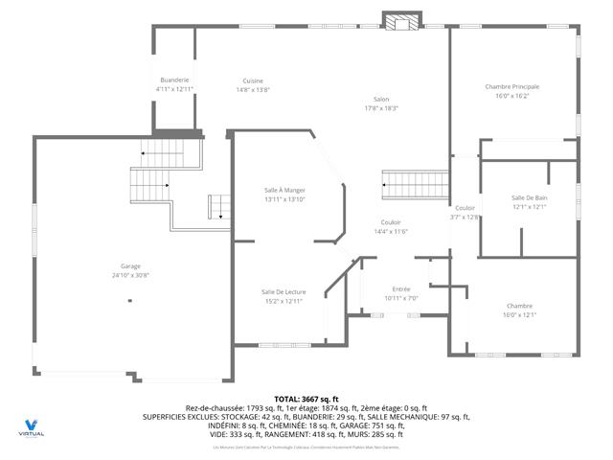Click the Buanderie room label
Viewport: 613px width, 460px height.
174,80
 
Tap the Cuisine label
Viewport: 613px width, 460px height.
253,80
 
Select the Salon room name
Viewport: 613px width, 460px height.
381,99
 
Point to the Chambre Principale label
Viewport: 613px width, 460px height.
512,87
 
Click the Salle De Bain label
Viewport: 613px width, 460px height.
529,197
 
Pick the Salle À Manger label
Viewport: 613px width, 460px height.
284,190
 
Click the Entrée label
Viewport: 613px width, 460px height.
401,288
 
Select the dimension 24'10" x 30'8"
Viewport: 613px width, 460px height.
130,275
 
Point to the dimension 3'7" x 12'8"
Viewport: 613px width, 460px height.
465,218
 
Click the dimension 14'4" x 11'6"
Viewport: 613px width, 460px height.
391,231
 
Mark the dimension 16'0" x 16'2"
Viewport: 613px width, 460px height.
512,96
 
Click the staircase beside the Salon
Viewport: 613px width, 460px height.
414,182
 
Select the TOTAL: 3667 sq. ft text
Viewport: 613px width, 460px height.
306,399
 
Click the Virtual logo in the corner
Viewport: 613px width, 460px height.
32,426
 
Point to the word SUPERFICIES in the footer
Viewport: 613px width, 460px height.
169,417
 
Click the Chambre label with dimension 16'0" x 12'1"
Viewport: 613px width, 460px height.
520,306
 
